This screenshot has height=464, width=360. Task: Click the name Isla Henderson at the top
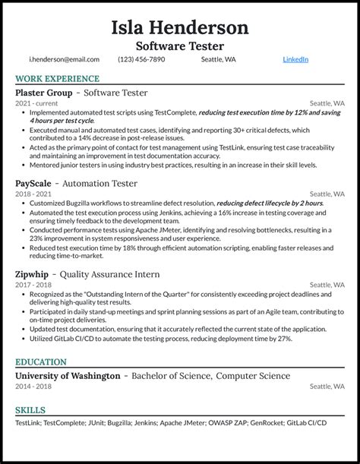pyautogui.click(x=179, y=28)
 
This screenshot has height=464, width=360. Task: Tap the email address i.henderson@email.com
pyautogui.click(x=64, y=59)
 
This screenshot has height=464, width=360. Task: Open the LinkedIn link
pyautogui.click(x=295, y=59)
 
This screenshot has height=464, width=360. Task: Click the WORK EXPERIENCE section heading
pyautogui.click(x=57, y=79)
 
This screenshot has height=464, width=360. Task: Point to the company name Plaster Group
pyautogui.click(x=43, y=93)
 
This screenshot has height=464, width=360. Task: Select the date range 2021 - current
pyautogui.click(x=35, y=103)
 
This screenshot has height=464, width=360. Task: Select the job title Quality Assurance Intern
pyautogui.click(x=111, y=273)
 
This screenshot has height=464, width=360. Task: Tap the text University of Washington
pyautogui.click(x=68, y=376)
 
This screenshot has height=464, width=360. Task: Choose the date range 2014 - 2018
pyautogui.click(x=33, y=387)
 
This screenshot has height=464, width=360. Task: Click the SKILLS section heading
pyautogui.click(x=30, y=409)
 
